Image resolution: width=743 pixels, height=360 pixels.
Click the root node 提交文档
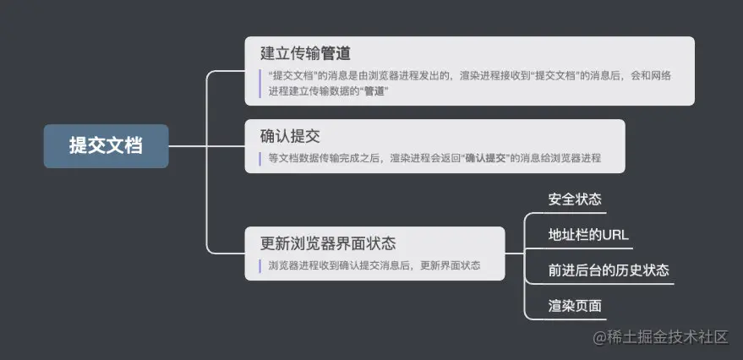107,145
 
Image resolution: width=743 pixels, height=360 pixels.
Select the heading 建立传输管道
306,54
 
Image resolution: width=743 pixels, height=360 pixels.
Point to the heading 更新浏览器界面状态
328,243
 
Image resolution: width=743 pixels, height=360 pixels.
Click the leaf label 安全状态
575,199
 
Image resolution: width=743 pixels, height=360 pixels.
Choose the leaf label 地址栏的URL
588,235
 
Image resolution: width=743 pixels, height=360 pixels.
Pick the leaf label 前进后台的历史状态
609,270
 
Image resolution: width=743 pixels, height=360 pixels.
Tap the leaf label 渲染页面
575,306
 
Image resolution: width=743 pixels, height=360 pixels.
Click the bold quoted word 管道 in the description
375,90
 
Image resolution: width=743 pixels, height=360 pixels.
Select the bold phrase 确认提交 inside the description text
488,158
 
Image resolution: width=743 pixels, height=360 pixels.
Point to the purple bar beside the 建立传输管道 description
260,83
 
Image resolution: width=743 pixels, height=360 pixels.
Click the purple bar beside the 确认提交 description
260,158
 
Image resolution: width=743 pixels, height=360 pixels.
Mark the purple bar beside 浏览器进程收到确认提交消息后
260,265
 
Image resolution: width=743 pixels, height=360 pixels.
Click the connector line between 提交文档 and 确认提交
207,145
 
